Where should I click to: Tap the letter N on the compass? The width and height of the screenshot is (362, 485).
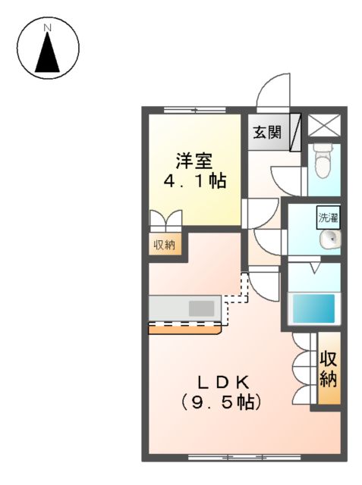(x=47, y=29)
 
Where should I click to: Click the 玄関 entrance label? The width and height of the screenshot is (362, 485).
(x=266, y=133)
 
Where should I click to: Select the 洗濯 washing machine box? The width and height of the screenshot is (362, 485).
(x=328, y=217)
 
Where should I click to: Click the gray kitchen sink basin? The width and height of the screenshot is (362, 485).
(x=201, y=308)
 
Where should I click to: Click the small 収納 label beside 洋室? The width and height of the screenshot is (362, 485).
(x=165, y=244)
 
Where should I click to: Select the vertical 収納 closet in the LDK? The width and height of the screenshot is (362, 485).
(x=328, y=370)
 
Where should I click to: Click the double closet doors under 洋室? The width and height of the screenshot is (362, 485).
(x=165, y=221)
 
